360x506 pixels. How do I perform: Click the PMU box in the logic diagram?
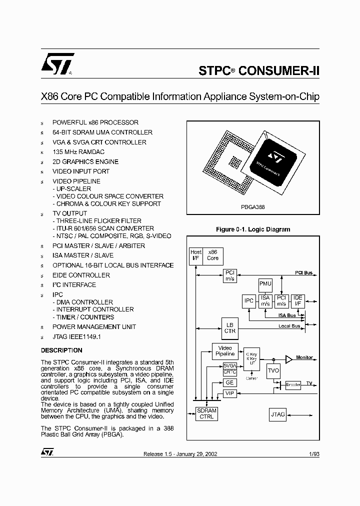pos(265,284)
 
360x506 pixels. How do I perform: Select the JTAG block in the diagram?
pos(278,414)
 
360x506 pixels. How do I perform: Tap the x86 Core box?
pos(212,255)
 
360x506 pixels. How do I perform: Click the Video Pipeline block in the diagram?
pos(225,350)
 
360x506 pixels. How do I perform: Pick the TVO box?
pos(273,371)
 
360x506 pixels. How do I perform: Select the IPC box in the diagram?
pos(248,301)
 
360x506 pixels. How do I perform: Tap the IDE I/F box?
pos(297,301)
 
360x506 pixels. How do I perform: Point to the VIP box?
pos(229,393)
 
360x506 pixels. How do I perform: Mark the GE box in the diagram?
pos(229,382)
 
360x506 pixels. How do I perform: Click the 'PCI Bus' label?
pos(303,272)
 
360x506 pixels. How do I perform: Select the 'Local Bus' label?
pos(289,326)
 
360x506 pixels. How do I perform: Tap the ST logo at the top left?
pos(58,64)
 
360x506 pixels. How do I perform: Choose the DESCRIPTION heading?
pos(61,350)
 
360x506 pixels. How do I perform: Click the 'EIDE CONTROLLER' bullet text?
pos(81,275)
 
